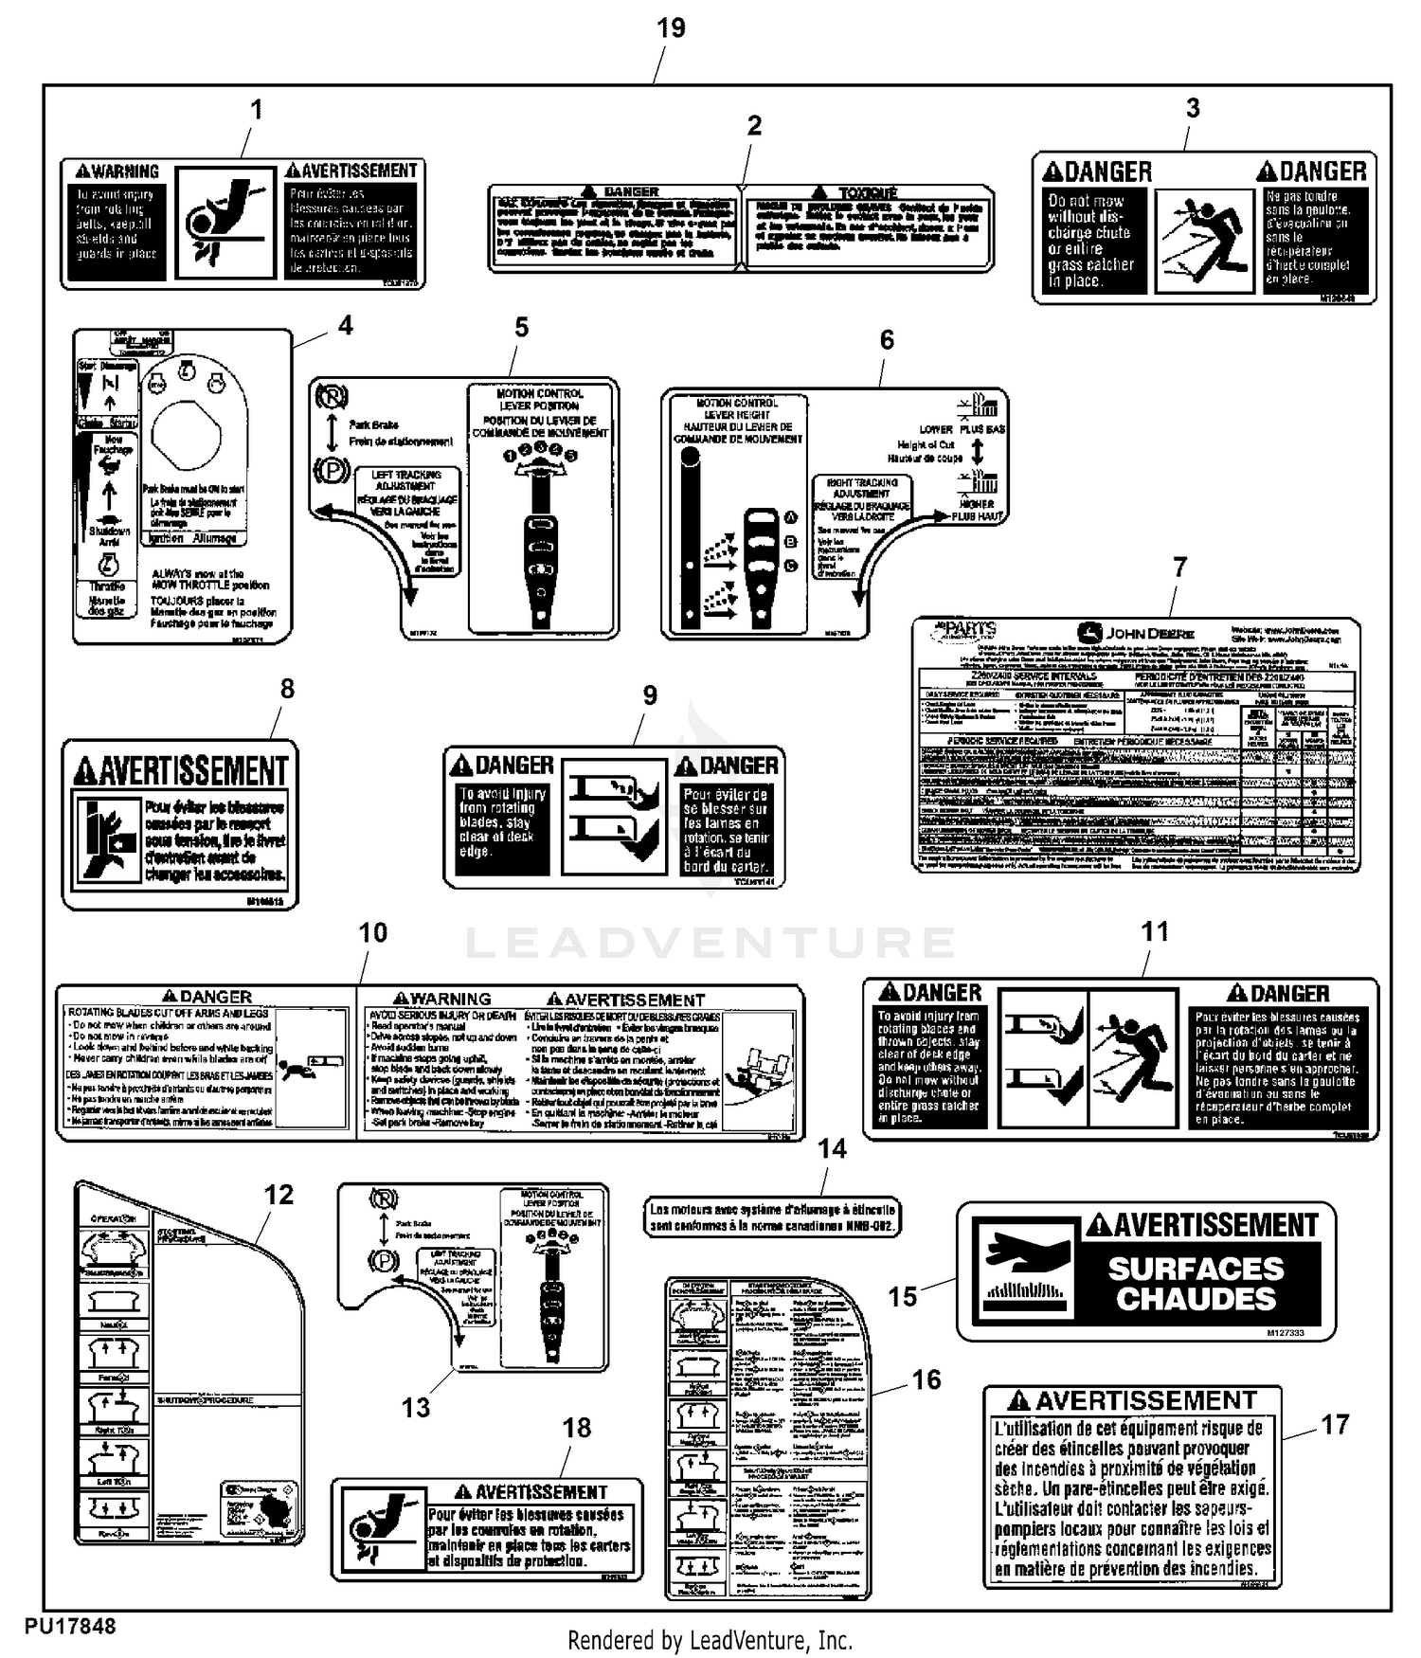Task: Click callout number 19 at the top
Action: pyautogui.click(x=671, y=28)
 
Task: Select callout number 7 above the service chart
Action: pyautogui.click(x=1179, y=568)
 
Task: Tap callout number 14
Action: pyautogui.click(x=832, y=1149)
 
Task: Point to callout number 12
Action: pyautogui.click(x=279, y=1195)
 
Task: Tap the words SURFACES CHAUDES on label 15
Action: pyautogui.click(x=1196, y=1284)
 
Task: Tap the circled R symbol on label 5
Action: pyautogui.click(x=332, y=394)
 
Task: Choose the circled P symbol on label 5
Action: pyautogui.click(x=331, y=470)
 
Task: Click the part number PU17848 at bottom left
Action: pyautogui.click(x=70, y=1626)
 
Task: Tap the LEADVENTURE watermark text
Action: pyautogui.click(x=710, y=943)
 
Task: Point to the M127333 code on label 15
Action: pyautogui.click(x=1285, y=1333)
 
